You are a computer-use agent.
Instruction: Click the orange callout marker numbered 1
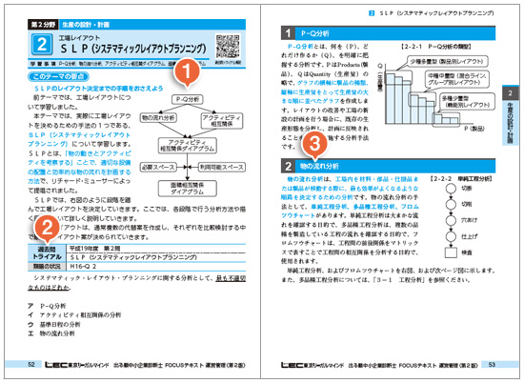click(x=188, y=70)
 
